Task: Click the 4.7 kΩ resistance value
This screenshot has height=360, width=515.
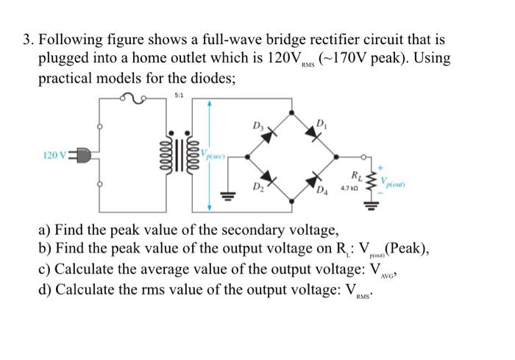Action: [x=351, y=190]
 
